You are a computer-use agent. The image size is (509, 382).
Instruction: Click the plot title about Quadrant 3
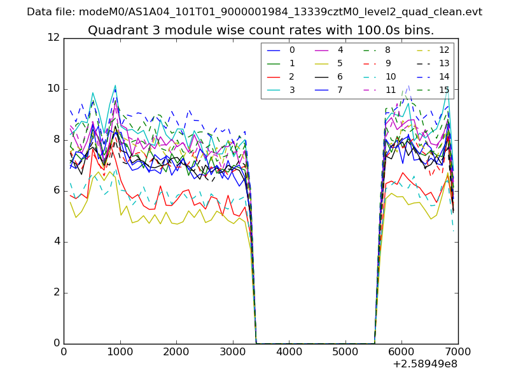(261, 30)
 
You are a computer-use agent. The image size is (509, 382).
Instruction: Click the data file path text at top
(254, 12)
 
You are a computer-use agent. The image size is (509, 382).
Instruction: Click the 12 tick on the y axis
(54, 38)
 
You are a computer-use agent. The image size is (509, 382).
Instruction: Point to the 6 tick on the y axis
(57, 190)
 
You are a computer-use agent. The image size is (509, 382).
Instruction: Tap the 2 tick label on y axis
(57, 292)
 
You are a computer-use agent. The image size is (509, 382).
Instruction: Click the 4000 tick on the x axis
(289, 351)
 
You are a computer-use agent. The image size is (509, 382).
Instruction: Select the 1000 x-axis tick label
(120, 351)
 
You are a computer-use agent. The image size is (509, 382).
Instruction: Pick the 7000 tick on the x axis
(458, 351)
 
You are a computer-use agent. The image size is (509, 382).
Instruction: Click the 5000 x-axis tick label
(345, 351)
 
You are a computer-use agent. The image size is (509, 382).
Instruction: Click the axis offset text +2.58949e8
(426, 364)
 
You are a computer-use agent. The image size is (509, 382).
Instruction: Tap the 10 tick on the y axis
(54, 88)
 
